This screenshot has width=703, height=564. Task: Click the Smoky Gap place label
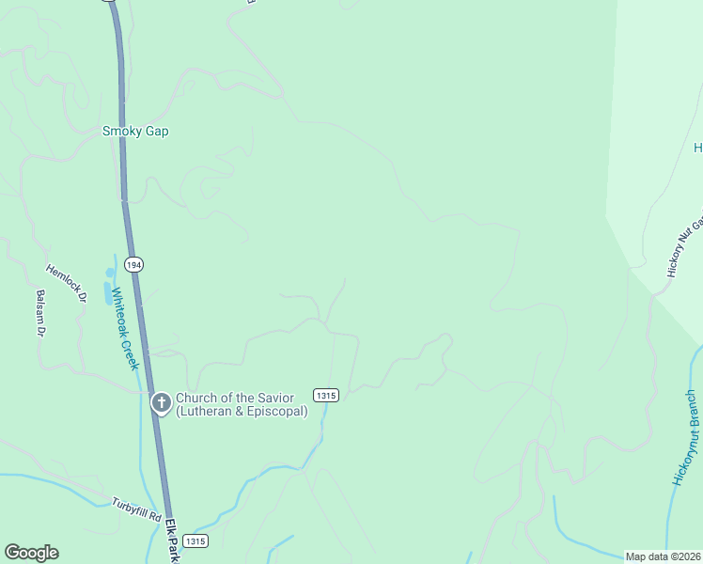(135, 132)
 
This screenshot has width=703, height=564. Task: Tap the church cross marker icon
(161, 403)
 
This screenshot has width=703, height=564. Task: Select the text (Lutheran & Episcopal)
(241, 411)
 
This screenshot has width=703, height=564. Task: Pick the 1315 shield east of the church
(325, 396)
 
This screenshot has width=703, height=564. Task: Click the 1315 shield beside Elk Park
(195, 541)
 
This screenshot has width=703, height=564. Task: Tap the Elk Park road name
(173, 540)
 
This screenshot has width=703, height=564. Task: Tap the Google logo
(31, 553)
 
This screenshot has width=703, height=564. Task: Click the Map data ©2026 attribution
(664, 556)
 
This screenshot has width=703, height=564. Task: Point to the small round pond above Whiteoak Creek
(110, 272)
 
